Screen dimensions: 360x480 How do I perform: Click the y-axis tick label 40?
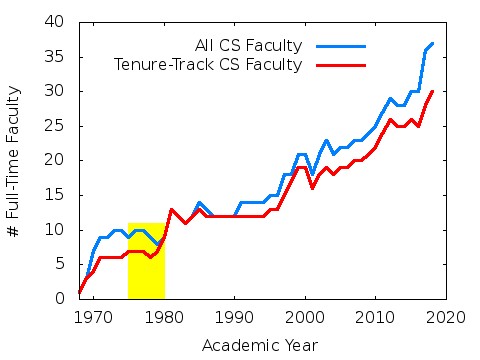click(x=56, y=22)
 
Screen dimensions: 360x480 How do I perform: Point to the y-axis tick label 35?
click(x=56, y=56)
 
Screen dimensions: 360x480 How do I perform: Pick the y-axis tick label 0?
click(x=60, y=299)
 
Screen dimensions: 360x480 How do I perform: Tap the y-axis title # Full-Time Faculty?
click(x=14, y=160)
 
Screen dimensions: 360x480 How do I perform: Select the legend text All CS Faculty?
click(x=248, y=45)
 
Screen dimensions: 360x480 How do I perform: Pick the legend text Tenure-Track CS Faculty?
click(x=208, y=65)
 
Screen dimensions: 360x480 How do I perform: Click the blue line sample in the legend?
click(x=340, y=45)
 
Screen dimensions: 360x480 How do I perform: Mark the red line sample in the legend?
click(x=340, y=65)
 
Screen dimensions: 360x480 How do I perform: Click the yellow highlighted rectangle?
click(x=146, y=260)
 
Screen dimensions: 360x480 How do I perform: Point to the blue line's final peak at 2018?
click(x=432, y=43)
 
